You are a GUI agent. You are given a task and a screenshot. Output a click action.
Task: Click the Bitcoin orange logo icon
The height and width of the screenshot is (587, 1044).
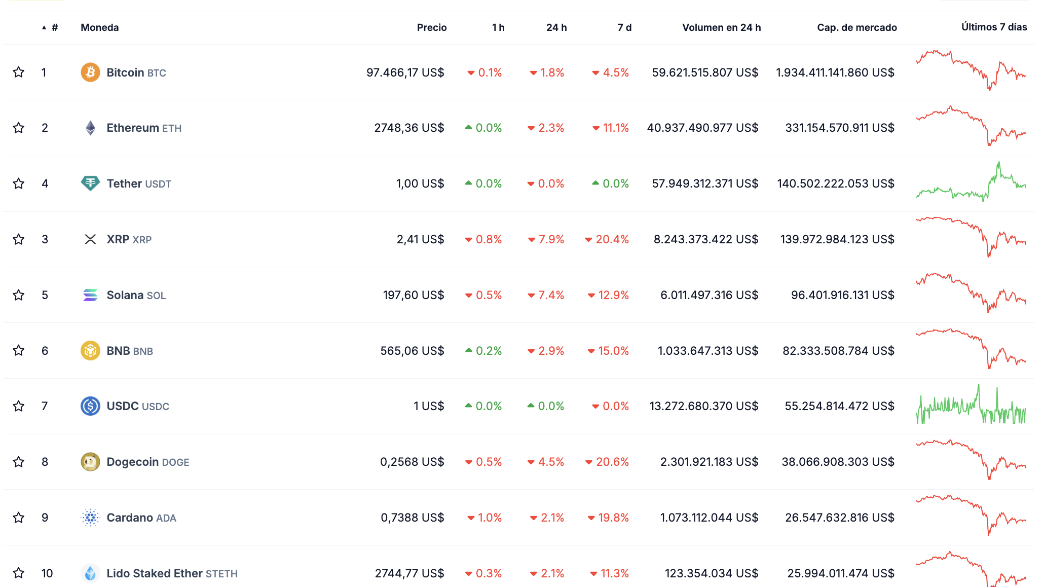click(x=90, y=72)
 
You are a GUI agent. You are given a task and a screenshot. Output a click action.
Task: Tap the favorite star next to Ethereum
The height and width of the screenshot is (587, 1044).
click(x=19, y=128)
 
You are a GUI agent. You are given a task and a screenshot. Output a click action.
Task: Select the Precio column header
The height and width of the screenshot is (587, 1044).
click(x=431, y=27)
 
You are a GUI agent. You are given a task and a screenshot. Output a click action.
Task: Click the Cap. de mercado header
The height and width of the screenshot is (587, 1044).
click(x=856, y=27)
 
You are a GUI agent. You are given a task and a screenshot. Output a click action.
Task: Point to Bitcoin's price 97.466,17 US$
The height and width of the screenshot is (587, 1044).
click(x=405, y=72)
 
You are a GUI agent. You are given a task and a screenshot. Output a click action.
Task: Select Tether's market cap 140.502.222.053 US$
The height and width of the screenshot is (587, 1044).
click(x=835, y=184)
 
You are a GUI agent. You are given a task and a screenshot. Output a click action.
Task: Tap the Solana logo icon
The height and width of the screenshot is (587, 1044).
click(x=90, y=295)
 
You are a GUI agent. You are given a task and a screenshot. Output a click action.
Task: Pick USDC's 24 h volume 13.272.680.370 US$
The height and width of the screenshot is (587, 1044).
click(x=703, y=406)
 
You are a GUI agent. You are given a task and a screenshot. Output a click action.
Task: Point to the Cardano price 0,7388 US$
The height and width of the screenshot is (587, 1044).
click(x=412, y=518)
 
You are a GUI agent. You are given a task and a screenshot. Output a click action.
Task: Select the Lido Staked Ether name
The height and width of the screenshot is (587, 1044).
click(x=155, y=573)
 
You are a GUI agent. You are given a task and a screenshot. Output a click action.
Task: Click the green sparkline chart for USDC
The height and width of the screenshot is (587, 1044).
click(x=971, y=406)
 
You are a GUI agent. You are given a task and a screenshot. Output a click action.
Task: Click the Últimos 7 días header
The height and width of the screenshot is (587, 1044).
click(x=994, y=27)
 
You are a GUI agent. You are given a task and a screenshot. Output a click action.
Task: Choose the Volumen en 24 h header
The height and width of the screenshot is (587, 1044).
click(x=721, y=27)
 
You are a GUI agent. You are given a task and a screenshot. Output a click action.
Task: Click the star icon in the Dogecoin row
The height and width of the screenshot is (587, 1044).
click(x=19, y=462)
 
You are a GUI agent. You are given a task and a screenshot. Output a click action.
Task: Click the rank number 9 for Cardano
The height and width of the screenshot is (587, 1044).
click(x=45, y=518)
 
